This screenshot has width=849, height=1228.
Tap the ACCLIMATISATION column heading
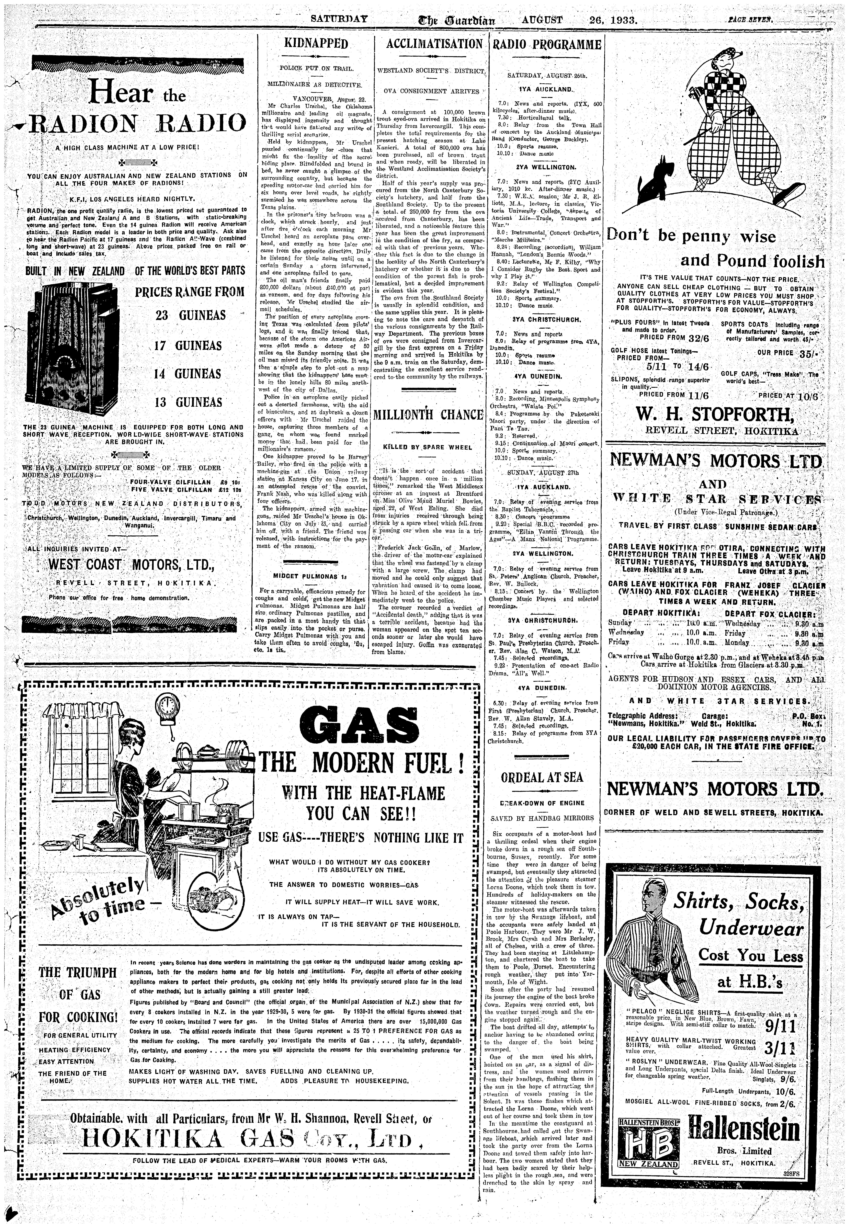[x=434, y=44]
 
